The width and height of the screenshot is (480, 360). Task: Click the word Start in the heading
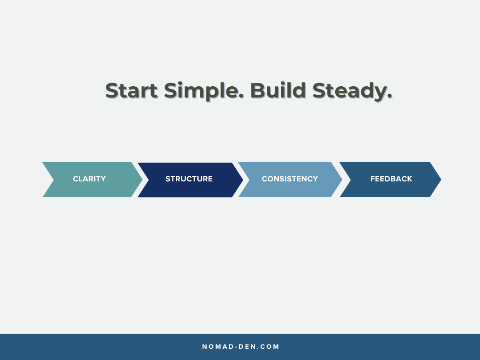click(x=131, y=90)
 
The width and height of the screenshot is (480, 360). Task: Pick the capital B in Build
click(x=257, y=90)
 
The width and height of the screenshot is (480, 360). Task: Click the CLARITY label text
click(x=89, y=179)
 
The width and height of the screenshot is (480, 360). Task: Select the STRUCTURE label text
click(x=189, y=179)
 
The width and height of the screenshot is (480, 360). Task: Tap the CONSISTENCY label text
click(x=290, y=179)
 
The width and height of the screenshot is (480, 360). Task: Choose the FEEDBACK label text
click(x=391, y=179)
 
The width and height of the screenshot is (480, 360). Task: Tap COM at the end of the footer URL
click(x=270, y=347)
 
